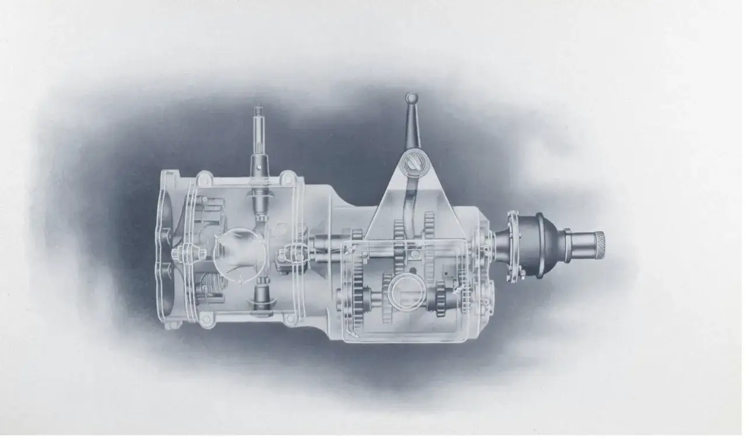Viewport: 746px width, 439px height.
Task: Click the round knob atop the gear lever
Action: (x=411, y=98)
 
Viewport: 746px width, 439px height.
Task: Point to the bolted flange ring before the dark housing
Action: (x=513, y=246)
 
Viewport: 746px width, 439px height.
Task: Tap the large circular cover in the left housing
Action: (x=238, y=256)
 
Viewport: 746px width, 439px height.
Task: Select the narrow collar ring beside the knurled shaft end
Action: (x=565, y=239)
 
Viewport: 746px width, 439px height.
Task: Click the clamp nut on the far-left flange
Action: (x=181, y=254)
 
